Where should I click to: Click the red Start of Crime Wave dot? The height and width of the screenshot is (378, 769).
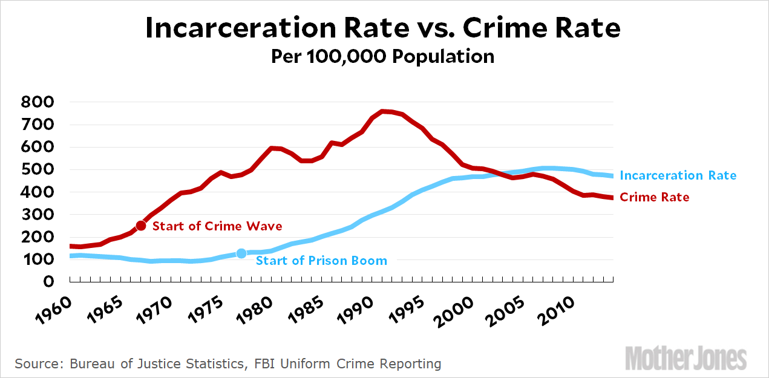pyautogui.click(x=141, y=226)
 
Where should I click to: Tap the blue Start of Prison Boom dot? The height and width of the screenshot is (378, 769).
pyautogui.click(x=241, y=253)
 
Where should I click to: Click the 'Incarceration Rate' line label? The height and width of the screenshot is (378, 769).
pyautogui.click(x=678, y=175)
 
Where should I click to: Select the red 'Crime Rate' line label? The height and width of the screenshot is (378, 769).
pyautogui.click(x=655, y=197)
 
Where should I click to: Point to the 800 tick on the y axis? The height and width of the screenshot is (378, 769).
pyautogui.click(x=38, y=103)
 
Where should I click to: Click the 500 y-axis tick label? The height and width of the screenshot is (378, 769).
pyautogui.click(x=38, y=170)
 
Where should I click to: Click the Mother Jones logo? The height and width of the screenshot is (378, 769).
pyautogui.click(x=686, y=357)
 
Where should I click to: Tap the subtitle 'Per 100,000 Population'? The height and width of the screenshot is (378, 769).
pyautogui.click(x=382, y=57)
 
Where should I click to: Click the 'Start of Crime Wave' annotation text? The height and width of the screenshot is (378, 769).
pyautogui.click(x=217, y=226)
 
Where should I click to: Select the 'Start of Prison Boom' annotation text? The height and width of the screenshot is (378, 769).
pyautogui.click(x=321, y=261)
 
